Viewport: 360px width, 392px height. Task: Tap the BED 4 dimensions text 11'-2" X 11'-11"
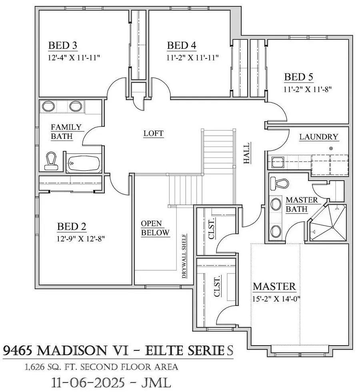coord(193,58)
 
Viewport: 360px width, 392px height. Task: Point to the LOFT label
coord(154,133)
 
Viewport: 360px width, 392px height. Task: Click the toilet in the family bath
coord(51,160)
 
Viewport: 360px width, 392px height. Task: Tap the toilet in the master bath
coord(279,183)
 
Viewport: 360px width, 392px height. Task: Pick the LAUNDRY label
coord(319,137)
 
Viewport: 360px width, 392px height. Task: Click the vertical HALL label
coord(247,153)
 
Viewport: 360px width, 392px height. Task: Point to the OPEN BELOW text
coord(155,228)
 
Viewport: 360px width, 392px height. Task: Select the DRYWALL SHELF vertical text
coord(184,256)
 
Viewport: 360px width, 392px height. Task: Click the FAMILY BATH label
coord(66,132)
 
